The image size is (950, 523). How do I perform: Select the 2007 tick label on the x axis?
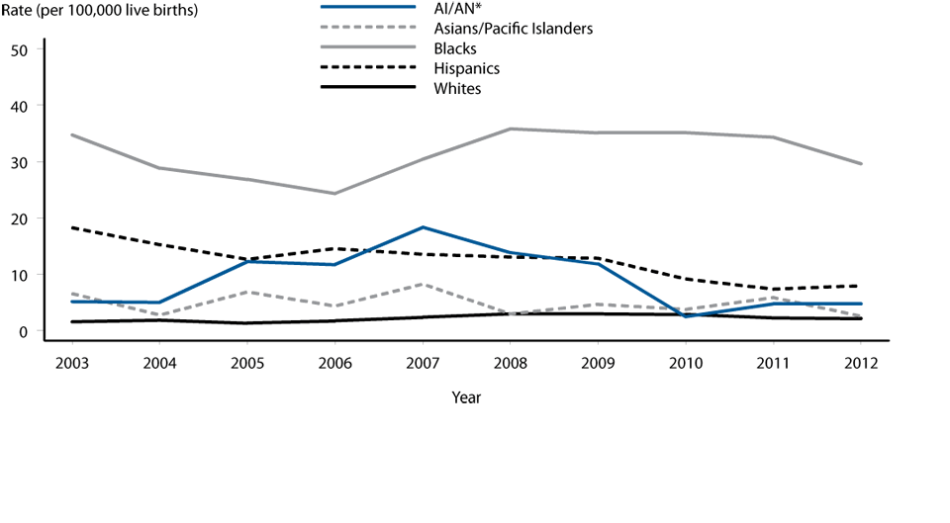pos(424,362)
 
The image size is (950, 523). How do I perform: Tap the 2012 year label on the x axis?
pos(861,362)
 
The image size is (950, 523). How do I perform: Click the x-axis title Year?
pos(466,396)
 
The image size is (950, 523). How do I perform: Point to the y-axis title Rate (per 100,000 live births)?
pos(102,11)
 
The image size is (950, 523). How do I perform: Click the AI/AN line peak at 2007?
pos(424,227)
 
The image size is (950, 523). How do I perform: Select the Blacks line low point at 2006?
pos(335,194)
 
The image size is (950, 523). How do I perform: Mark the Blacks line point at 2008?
pos(511,129)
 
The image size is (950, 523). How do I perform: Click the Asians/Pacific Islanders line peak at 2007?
pos(424,284)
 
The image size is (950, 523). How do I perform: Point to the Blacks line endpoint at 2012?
pos(861,164)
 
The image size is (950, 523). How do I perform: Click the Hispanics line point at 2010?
pos(686,279)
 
